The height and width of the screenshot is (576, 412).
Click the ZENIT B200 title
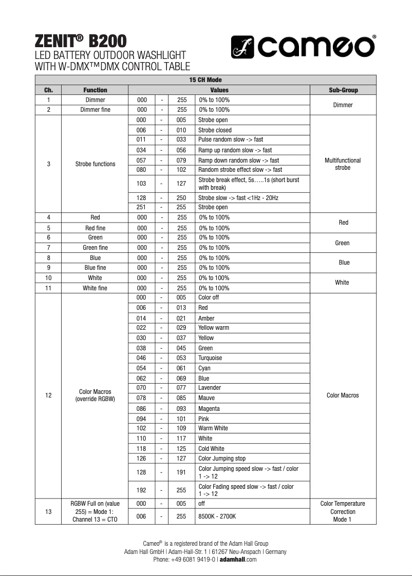(x=80, y=40)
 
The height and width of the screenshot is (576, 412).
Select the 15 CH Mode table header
(x=205, y=80)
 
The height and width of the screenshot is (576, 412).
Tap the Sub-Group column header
(x=343, y=90)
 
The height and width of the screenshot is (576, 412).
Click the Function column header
(x=95, y=90)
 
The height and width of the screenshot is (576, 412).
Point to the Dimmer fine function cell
(x=95, y=110)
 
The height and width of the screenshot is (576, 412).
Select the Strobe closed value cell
(x=215, y=130)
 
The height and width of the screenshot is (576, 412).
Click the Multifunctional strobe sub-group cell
(x=343, y=164)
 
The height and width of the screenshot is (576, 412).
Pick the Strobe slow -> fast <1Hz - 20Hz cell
(x=238, y=197)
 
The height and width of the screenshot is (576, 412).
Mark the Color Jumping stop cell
(x=222, y=459)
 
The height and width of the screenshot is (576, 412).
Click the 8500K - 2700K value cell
(x=217, y=516)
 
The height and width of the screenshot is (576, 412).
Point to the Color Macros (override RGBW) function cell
(x=95, y=395)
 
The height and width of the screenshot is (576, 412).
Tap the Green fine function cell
(x=95, y=248)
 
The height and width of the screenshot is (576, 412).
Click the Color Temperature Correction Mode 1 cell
(x=343, y=511)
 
